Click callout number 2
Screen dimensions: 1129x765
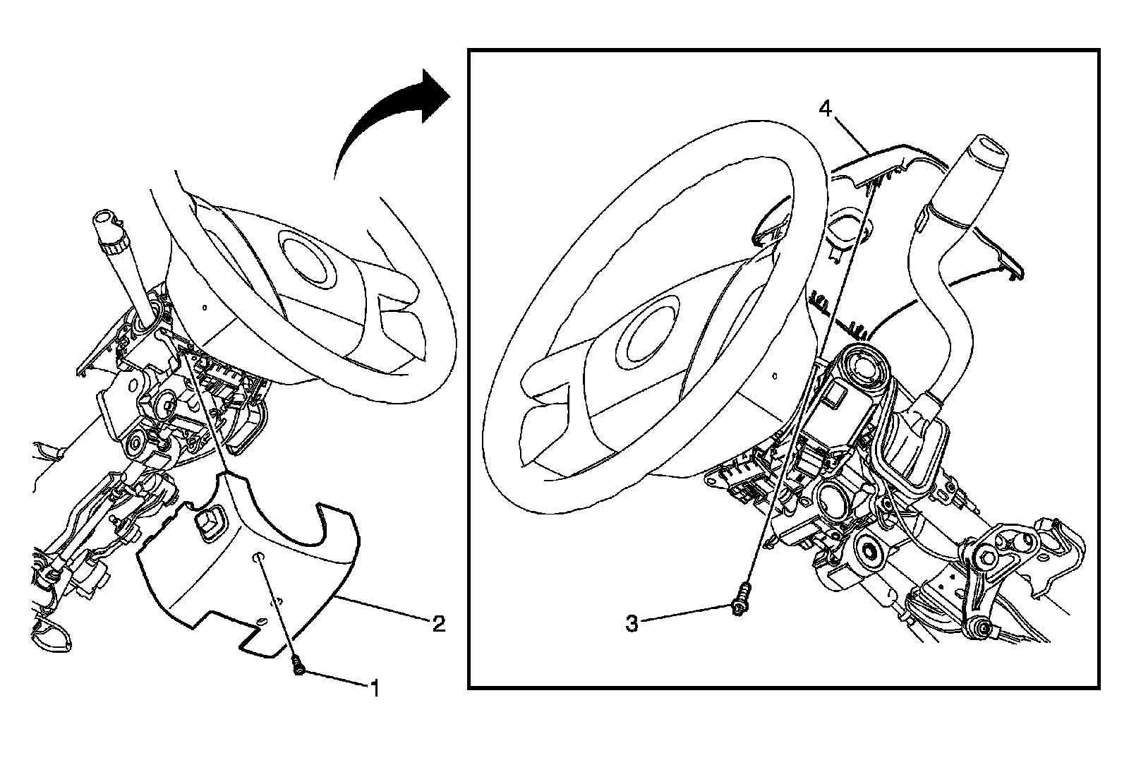(x=439, y=623)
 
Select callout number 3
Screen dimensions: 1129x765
(x=632, y=623)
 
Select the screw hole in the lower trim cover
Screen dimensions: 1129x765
(x=259, y=558)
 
